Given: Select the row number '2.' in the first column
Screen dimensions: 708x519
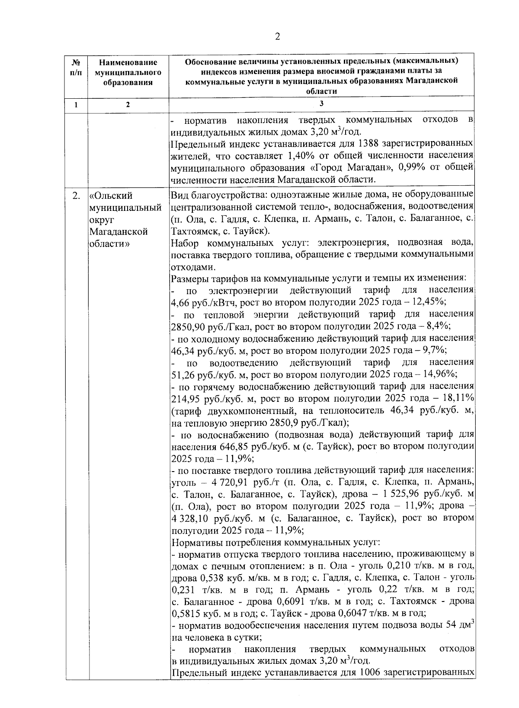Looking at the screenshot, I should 76,196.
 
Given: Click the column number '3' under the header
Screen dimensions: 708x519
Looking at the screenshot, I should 321,104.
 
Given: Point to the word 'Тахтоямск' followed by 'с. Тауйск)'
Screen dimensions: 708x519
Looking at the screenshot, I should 192,230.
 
